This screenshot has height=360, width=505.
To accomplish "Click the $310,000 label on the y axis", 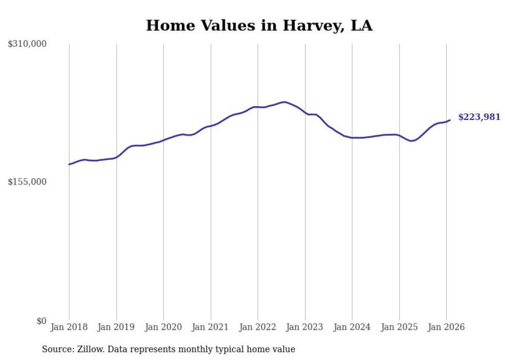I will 27,44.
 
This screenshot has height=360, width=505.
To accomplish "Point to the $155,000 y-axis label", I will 27,182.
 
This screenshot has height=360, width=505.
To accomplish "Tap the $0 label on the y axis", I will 41,321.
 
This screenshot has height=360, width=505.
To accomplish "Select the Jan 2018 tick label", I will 69,328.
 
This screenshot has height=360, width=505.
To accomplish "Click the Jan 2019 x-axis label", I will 116,328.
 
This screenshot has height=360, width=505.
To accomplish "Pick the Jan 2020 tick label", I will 163,328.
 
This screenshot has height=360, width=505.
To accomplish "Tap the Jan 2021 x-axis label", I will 211,328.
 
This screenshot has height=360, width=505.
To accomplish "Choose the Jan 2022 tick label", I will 258,328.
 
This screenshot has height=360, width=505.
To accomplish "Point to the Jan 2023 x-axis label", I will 305,328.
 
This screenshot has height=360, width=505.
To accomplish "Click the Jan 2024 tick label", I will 352,328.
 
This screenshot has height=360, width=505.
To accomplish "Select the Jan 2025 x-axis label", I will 399,328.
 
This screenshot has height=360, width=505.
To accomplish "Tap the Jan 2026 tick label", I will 446,328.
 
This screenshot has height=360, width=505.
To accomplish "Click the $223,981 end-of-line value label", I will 479,117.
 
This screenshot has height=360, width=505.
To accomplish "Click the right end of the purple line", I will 450,120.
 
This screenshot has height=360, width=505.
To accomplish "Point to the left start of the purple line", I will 69,164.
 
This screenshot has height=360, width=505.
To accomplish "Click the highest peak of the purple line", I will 285,101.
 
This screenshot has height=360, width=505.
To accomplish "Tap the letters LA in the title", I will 361,26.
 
